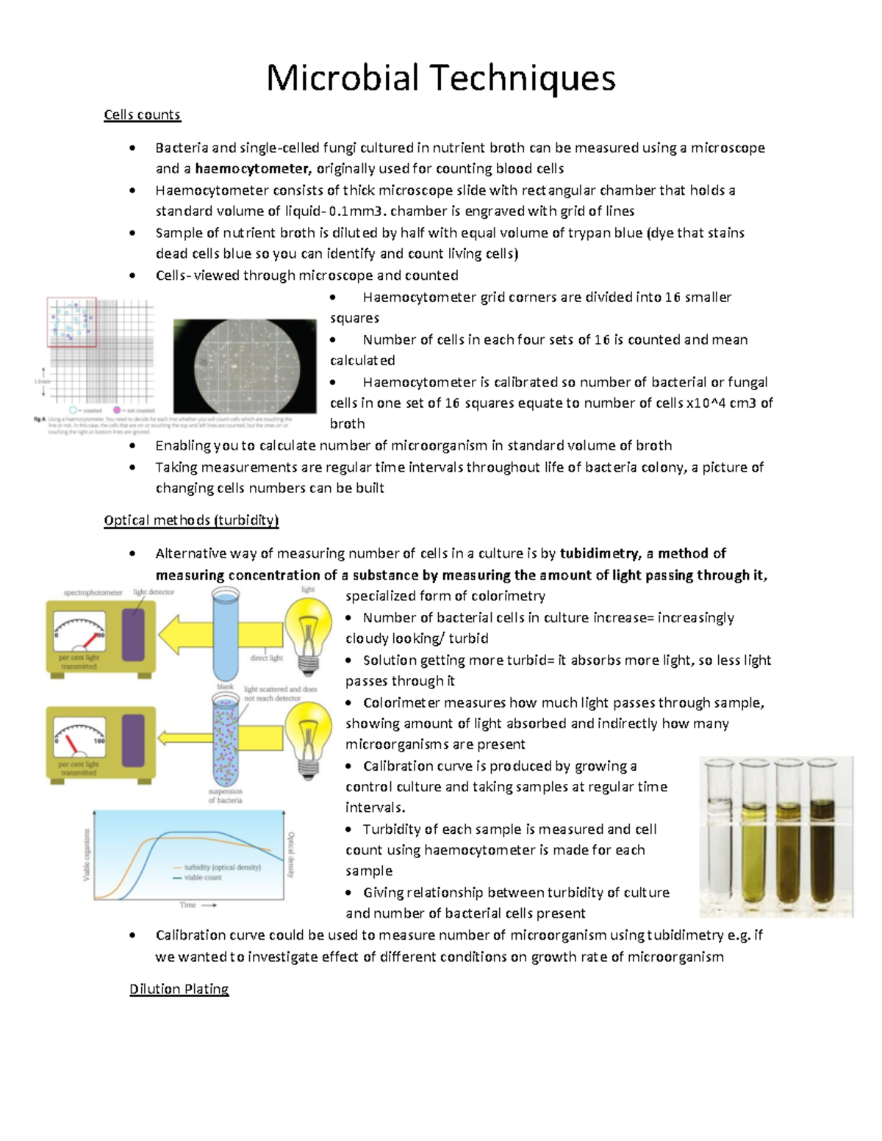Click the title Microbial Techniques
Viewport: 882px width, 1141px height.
point(440,78)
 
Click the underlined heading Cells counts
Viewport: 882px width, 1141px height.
point(142,115)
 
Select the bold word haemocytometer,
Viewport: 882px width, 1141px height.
point(254,168)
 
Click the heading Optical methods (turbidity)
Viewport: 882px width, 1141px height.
point(191,520)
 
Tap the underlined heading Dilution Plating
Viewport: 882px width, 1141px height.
point(179,989)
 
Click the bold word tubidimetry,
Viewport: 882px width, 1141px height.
point(600,553)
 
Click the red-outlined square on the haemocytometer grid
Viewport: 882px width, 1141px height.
point(72,322)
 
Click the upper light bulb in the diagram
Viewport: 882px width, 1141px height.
point(308,632)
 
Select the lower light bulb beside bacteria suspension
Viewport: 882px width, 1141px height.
point(308,737)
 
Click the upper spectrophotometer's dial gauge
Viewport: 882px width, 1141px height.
point(79,633)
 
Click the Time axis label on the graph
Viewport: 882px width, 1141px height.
point(189,905)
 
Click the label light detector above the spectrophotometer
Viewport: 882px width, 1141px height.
point(154,592)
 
